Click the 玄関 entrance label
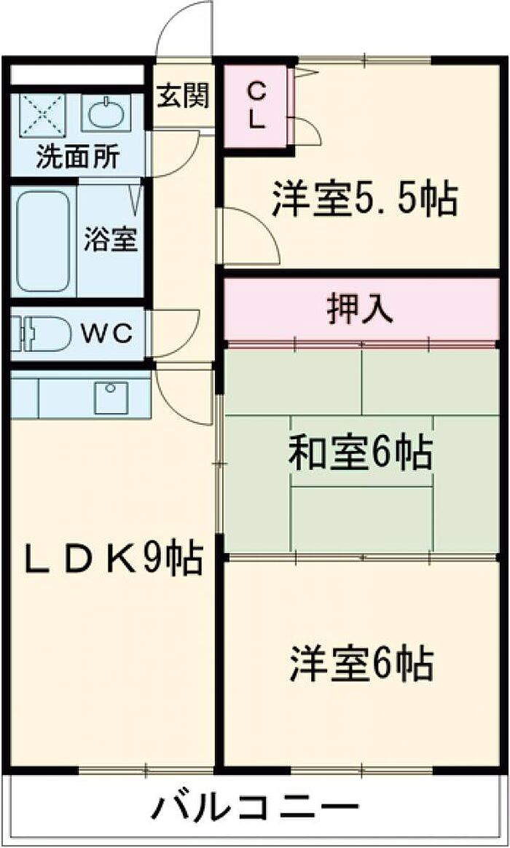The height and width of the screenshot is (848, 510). coord(183,97)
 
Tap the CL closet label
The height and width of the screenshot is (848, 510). coord(256,106)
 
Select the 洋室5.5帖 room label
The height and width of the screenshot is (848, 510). coord(365,200)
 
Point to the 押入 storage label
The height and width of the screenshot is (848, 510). coord(360,311)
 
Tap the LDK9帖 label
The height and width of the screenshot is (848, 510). coord(112,558)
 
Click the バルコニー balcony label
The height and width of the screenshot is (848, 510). coord(254,808)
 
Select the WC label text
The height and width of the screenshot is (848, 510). coord(107,335)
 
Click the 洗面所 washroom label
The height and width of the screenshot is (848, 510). coord(76,157)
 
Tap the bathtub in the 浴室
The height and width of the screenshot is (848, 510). coord(43,240)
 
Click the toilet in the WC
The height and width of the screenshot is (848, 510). coord(42,334)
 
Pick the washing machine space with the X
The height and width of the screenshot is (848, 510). coord(43,114)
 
